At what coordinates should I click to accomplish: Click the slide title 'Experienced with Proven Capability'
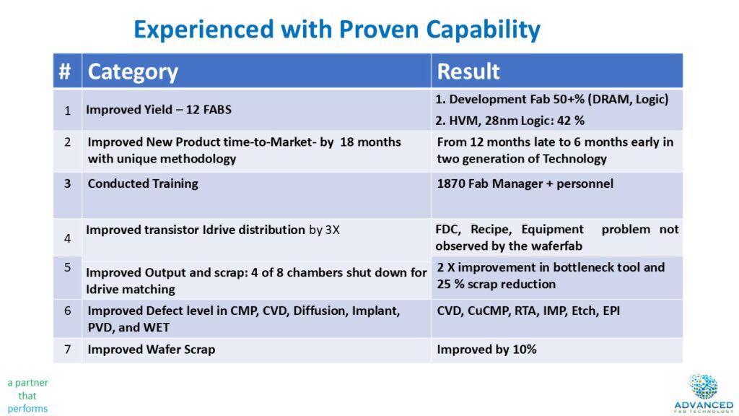click(x=337, y=30)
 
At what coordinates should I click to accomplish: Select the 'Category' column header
click(x=133, y=71)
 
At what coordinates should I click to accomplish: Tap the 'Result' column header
click(x=468, y=71)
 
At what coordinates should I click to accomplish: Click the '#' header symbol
click(x=65, y=71)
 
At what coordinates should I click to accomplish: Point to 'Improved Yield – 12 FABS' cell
click(x=158, y=110)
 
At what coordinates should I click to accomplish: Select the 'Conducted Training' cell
click(x=143, y=183)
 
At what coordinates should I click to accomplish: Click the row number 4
click(x=67, y=238)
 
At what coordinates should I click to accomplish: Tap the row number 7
click(x=67, y=350)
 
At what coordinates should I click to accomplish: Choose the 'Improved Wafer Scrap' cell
click(x=152, y=350)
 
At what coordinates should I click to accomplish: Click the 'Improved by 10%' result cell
click(x=487, y=350)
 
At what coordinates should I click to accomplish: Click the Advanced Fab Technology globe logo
click(x=703, y=387)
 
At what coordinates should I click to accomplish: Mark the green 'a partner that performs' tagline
click(x=28, y=395)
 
